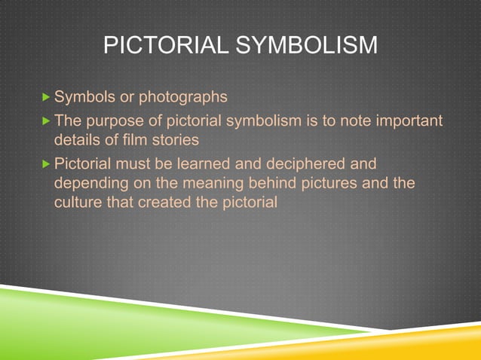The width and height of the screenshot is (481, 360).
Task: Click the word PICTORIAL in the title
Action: coord(155,46)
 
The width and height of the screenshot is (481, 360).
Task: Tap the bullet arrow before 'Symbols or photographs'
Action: coord(46,97)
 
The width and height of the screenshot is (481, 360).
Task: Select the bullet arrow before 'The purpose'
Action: coord(46,122)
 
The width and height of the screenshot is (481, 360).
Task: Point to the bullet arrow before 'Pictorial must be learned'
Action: coord(46,163)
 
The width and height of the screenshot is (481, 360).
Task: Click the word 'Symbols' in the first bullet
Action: coord(81,97)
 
